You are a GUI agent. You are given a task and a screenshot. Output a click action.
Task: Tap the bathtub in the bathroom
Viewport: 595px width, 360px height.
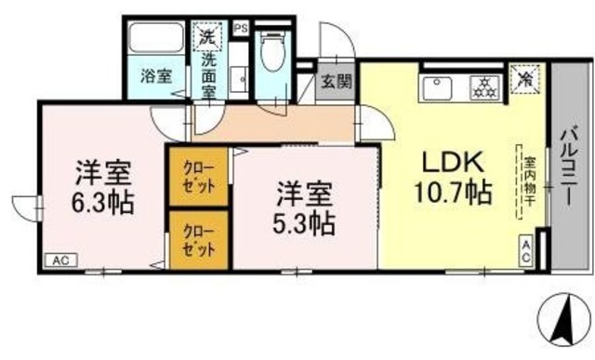tap(156, 40)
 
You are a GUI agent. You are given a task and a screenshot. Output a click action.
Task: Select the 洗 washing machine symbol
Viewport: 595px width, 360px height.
tap(205, 39)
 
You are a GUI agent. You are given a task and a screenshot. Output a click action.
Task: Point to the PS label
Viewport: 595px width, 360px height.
tap(240, 28)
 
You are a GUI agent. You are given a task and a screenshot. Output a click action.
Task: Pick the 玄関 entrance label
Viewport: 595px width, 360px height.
tap(337, 80)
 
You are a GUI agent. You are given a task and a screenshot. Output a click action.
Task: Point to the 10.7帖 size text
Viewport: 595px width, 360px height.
tap(454, 193)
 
